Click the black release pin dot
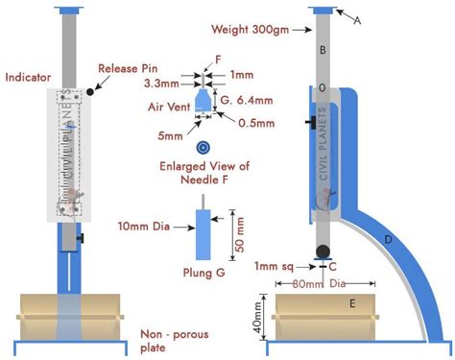(90, 92)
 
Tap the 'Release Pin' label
(128, 68)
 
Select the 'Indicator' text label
(28, 78)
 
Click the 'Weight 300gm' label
(251, 30)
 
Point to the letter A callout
(357, 21)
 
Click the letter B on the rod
(323, 50)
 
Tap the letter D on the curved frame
(388, 239)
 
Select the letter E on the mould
(352, 303)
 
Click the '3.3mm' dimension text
(161, 84)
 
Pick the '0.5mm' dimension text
(256, 123)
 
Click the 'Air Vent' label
(169, 107)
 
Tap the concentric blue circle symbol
(203, 148)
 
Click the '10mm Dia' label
(144, 227)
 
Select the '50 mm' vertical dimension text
(240, 235)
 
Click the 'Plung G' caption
(204, 273)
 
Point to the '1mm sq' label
(274, 266)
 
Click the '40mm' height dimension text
(257, 318)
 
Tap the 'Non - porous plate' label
(175, 341)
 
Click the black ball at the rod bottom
(323, 252)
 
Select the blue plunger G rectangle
(204, 235)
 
